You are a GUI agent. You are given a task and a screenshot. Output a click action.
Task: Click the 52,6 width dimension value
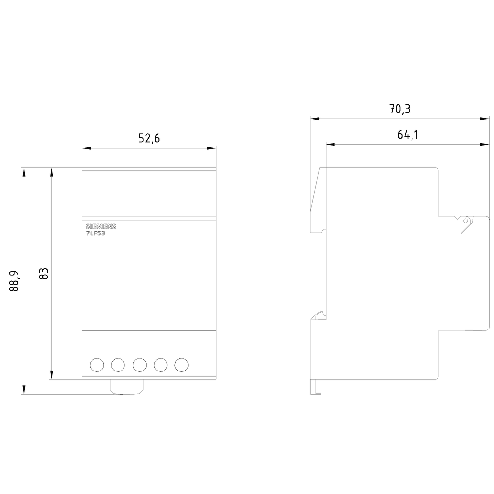[149, 138]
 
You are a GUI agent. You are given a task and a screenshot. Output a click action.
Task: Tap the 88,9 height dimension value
[14, 281]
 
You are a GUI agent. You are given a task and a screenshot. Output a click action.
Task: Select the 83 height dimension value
[43, 274]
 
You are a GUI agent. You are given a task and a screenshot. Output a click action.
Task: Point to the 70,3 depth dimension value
[400, 109]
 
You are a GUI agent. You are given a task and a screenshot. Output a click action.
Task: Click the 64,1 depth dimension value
[408, 135]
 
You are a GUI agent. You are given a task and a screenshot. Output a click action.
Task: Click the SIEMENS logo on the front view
[101, 227]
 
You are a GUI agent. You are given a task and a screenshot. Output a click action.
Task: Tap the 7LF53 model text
[95, 234]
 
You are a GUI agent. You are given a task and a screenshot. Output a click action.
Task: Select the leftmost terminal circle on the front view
[97, 365]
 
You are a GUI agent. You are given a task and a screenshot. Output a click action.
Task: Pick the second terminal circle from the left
[118, 365]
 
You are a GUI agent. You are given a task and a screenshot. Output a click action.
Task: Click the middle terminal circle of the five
[140, 365]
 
